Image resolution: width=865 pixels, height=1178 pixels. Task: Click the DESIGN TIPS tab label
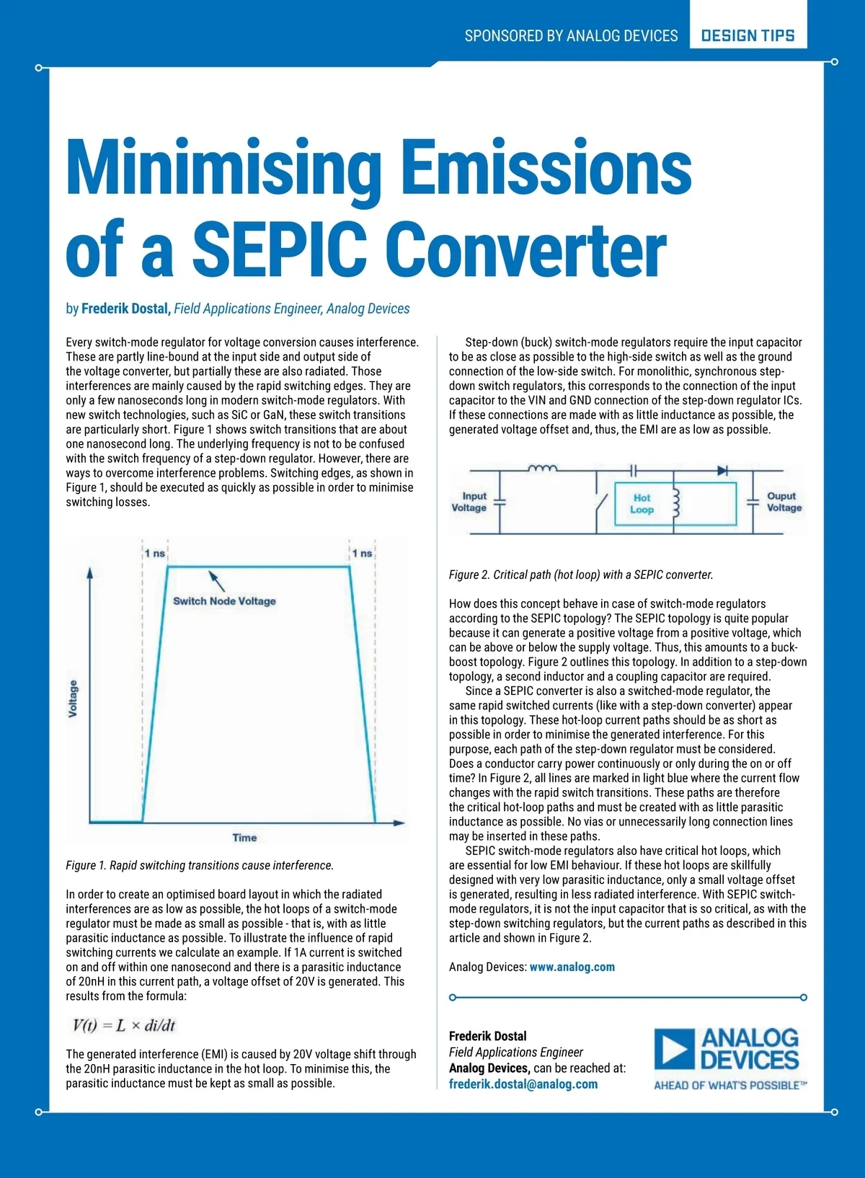748,35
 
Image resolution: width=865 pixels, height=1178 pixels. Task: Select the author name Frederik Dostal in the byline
125,309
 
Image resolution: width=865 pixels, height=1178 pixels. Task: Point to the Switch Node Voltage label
224,601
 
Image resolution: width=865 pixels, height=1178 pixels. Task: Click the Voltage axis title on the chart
73,698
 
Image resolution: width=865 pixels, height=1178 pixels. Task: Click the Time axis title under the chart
244,837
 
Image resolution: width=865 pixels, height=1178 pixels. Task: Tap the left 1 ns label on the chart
154,553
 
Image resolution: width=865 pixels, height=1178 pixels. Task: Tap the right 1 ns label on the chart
362,553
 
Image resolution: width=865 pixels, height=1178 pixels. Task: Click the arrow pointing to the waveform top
216,580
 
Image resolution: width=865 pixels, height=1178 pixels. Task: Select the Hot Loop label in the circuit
642,503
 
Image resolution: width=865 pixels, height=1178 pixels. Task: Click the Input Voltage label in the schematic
469,502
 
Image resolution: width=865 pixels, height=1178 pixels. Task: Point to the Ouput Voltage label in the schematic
784,502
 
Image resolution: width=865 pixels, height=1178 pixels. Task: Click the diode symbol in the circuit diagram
722,471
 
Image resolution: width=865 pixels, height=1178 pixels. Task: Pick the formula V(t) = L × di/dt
124,1025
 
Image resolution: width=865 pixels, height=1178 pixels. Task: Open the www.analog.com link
572,967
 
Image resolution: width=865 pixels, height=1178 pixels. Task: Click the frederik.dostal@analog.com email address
523,1084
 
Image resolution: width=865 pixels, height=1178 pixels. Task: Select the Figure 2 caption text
581,575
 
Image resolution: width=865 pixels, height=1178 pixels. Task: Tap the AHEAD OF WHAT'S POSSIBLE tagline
729,1085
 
